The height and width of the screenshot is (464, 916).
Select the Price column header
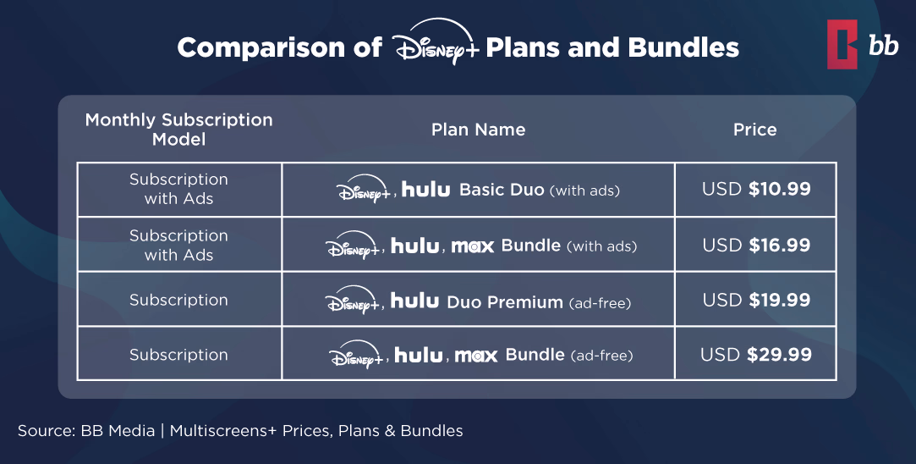coord(754,130)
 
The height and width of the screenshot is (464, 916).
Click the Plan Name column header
coord(478,130)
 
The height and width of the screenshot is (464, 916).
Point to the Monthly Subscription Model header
coord(178,130)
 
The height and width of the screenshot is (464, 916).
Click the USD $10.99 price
coord(755,189)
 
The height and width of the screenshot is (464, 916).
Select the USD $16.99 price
coord(755,246)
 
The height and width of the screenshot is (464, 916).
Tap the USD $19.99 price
coord(755,300)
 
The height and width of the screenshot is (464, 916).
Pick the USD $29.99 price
coord(755,355)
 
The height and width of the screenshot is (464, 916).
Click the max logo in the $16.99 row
coord(472,246)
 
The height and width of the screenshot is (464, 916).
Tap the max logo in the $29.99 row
coord(476,356)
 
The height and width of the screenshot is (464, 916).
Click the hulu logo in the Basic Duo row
coord(425,190)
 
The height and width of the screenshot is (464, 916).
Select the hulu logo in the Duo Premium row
coord(414,301)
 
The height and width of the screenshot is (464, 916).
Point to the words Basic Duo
coord(502,190)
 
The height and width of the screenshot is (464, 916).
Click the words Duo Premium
coord(504,301)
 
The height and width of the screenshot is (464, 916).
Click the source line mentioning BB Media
coord(240,431)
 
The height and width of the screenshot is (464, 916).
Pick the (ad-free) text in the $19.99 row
coord(600,302)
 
